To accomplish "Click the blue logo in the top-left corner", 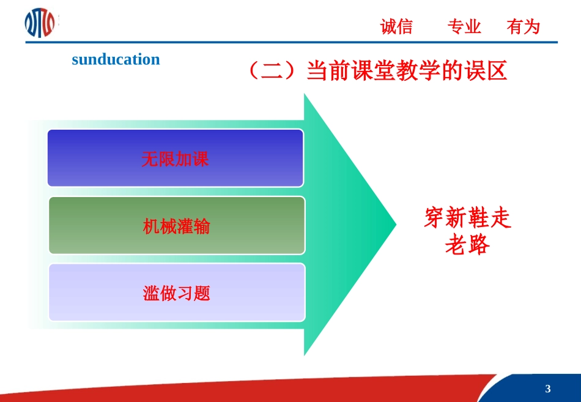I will [x=39, y=23].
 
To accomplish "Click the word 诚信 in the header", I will [x=396, y=27].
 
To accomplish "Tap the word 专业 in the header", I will [x=464, y=27].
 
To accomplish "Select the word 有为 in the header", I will [x=524, y=27].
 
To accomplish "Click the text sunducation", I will [x=116, y=59].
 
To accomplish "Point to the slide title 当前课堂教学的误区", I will [x=406, y=72].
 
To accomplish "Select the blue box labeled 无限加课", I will [x=176, y=158].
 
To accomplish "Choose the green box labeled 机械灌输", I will [x=176, y=225].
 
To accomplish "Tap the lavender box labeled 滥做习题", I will [x=176, y=292].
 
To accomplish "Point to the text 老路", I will [x=467, y=245].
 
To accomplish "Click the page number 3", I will [x=547, y=389].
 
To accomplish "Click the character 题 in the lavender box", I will [x=202, y=294].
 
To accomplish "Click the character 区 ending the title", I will [x=497, y=72].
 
